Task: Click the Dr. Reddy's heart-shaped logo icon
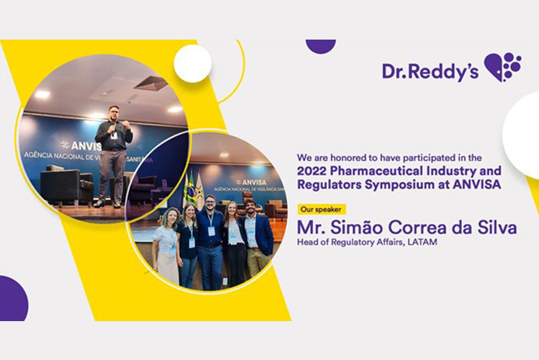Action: pyautogui.click(x=502, y=67)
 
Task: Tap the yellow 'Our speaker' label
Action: pyautogui.click(x=321, y=210)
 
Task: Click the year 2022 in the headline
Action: pyautogui.click(x=314, y=172)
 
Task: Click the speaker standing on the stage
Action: pyautogui.click(x=113, y=155)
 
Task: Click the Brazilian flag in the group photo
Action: pyautogui.click(x=191, y=189)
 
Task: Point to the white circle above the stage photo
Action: pyautogui.click(x=193, y=63)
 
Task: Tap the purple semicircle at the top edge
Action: pyautogui.click(x=320, y=45)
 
